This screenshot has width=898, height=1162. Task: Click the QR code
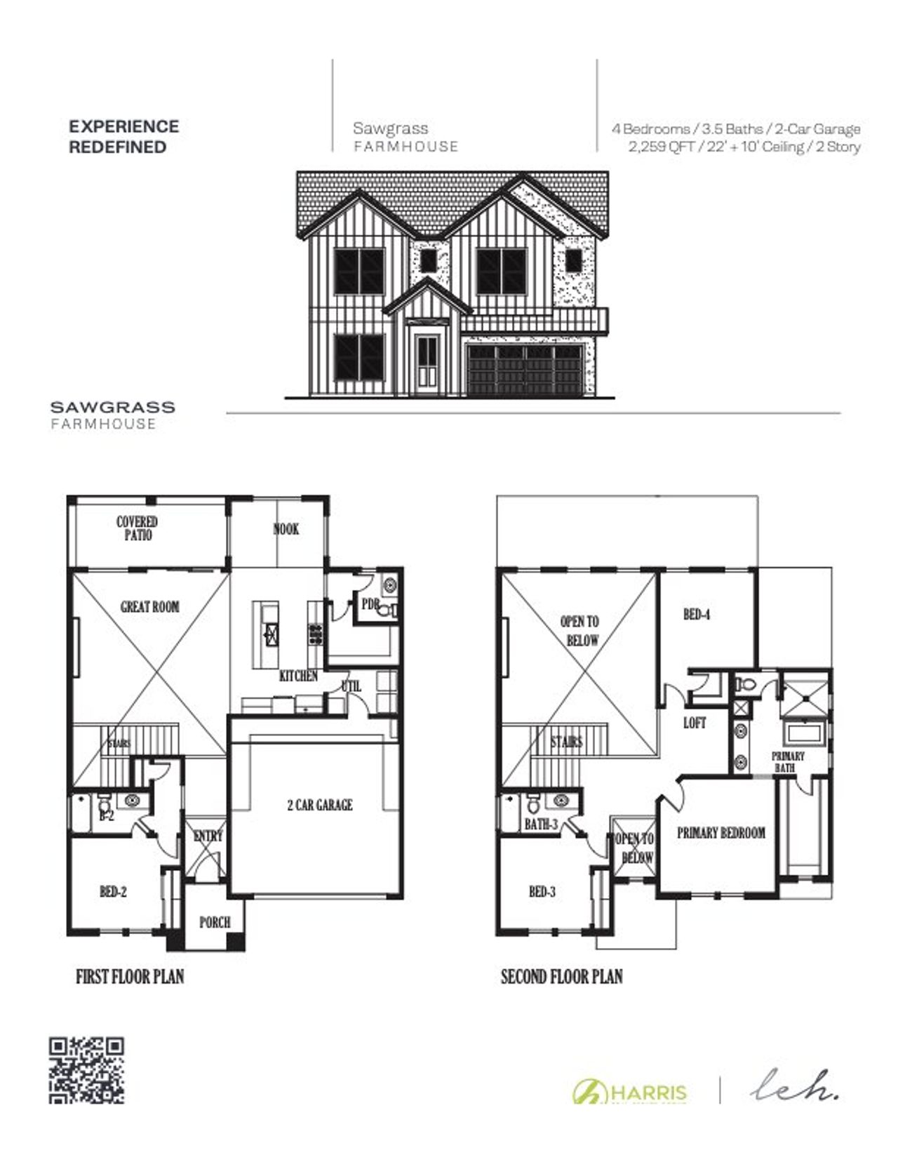tap(86, 1070)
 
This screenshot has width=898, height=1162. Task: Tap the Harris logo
tap(630, 1092)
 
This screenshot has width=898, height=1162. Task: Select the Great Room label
tap(149, 607)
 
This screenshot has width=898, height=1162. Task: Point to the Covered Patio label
tap(137, 528)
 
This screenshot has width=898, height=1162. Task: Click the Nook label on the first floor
tap(286, 529)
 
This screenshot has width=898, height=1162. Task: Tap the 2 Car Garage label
tap(319, 805)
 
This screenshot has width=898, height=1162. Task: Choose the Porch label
tap(215, 922)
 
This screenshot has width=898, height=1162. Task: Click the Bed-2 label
tap(113, 892)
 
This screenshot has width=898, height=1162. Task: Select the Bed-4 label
tap(697, 615)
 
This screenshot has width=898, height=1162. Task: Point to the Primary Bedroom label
tap(721, 833)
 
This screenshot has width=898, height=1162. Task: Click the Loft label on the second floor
tap(695, 723)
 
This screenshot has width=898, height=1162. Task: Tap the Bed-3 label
tap(542, 892)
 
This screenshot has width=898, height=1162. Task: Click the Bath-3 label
tap(541, 824)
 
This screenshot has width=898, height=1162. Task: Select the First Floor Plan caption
tap(130, 976)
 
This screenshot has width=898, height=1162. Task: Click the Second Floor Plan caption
tap(561, 976)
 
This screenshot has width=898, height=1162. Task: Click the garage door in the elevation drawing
tap(525, 369)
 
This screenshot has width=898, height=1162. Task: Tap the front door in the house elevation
tap(427, 363)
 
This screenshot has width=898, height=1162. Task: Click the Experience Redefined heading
tap(123, 137)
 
